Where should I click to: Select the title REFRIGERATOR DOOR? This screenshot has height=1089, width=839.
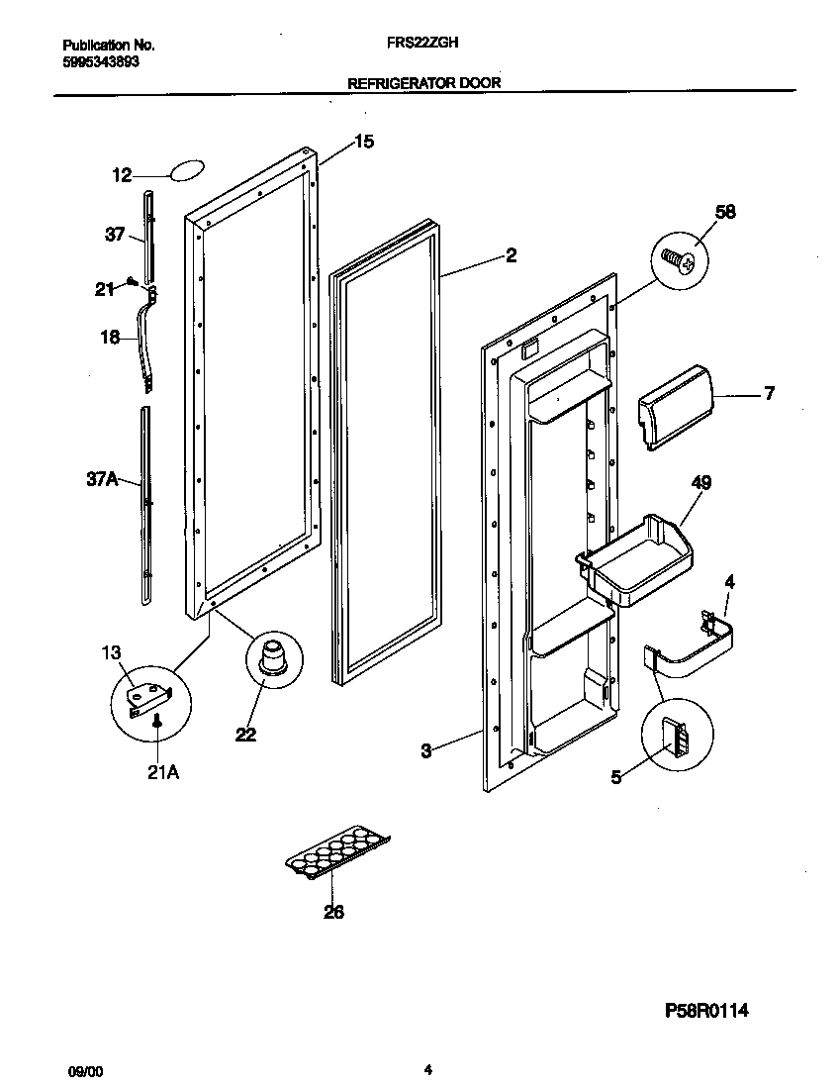[423, 84]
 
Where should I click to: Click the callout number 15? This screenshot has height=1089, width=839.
[363, 143]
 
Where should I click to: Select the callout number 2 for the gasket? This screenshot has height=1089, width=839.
[511, 256]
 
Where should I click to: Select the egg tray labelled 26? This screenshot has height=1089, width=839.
[336, 852]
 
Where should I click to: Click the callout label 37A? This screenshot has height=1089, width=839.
[102, 479]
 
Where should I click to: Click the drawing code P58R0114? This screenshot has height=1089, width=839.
[705, 1011]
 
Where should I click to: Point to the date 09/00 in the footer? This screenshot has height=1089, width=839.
[83, 1070]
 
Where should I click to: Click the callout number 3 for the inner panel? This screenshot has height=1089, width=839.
[425, 752]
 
